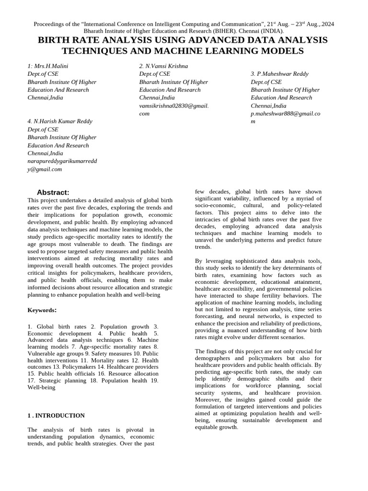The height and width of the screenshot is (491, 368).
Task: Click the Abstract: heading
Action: point(53,192)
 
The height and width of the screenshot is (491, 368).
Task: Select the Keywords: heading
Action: point(43,310)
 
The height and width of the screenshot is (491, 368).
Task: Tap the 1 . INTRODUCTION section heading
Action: point(56,416)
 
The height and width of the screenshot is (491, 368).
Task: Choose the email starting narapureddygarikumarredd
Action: point(62,161)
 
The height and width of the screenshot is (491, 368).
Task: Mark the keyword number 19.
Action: point(154,381)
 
